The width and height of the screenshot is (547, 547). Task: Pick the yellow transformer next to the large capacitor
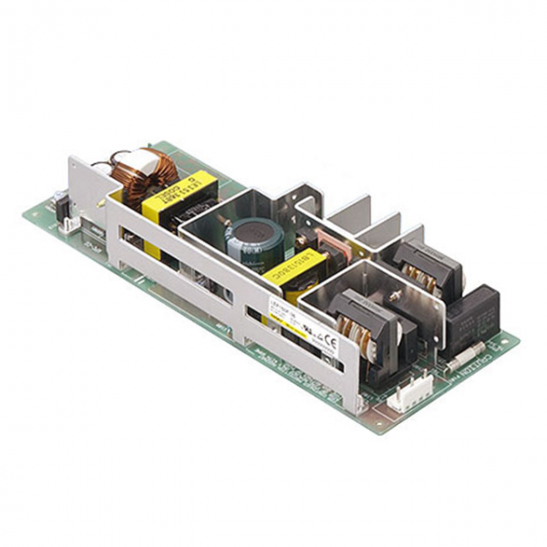click(x=294, y=273)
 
